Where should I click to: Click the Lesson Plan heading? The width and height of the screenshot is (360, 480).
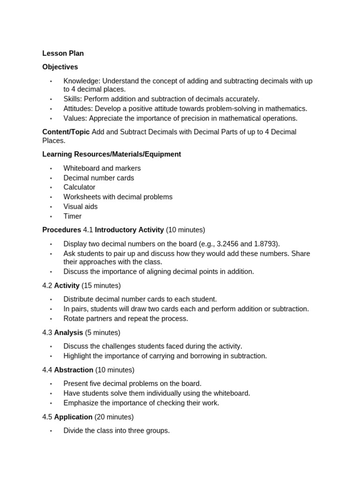[63, 53]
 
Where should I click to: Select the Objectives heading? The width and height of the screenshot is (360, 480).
[60, 67]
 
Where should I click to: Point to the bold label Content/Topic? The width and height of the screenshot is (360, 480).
[66, 132]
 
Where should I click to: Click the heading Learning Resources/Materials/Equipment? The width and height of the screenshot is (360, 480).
[112, 154]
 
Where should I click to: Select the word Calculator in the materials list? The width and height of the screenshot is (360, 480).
[79, 187]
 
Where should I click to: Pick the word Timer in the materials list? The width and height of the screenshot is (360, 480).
[73, 217]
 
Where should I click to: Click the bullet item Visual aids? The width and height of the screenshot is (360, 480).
[81, 207]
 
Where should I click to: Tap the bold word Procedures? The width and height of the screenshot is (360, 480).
[61, 230]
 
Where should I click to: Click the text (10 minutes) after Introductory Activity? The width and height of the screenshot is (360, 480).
[186, 230]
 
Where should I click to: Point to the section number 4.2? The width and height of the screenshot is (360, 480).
[47, 285]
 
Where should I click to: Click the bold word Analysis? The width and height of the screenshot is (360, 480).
[68, 333]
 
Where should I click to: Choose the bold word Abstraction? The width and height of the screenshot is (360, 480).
[74, 370]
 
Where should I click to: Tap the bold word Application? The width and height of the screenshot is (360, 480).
[73, 417]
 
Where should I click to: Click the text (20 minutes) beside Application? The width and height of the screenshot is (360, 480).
[114, 417]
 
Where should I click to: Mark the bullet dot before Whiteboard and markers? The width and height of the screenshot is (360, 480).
[51, 169]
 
